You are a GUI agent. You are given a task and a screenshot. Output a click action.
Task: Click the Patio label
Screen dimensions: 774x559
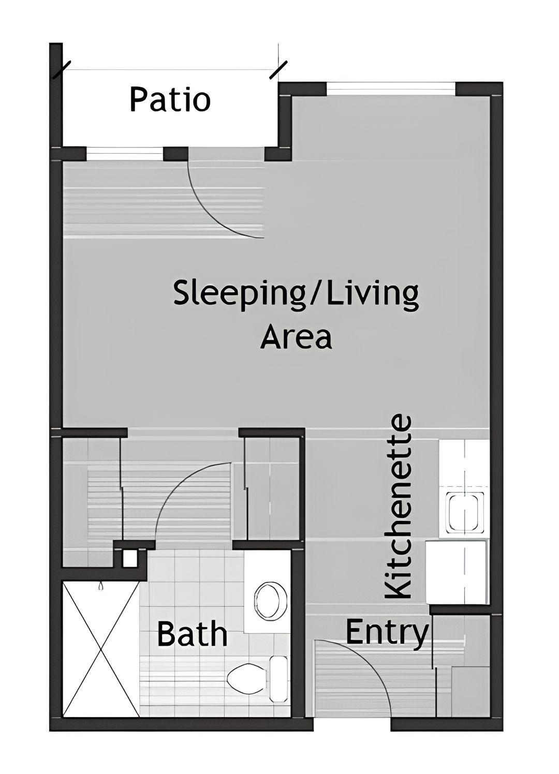pyautogui.click(x=170, y=100)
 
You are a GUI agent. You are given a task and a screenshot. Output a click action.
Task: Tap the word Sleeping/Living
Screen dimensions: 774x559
pyautogui.click(x=296, y=295)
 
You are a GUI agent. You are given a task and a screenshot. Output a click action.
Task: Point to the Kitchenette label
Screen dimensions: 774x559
pyautogui.click(x=399, y=507)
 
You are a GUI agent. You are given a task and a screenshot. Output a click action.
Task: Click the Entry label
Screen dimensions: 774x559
pyautogui.click(x=387, y=632)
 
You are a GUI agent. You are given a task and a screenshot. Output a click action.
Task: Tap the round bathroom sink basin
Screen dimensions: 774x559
pyautogui.click(x=269, y=601)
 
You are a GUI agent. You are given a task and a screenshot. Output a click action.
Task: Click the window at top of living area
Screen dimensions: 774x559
pyautogui.click(x=391, y=90)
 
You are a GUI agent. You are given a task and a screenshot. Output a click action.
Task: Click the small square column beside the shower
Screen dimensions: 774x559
pyautogui.click(x=129, y=558)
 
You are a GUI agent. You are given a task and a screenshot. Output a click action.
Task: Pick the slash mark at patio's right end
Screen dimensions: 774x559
pyautogui.click(x=278, y=70)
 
